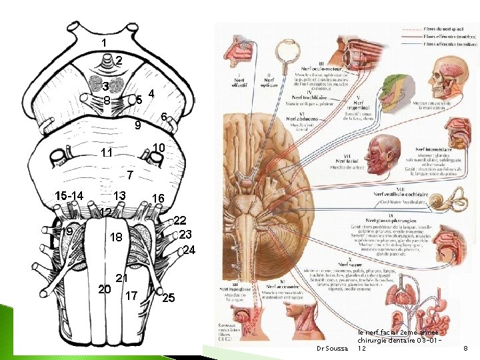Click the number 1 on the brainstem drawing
click(x=103, y=43)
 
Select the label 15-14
click(x=69, y=196)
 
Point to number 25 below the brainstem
click(x=168, y=298)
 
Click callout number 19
click(x=67, y=231)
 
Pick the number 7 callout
click(x=131, y=175)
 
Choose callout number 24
click(x=189, y=251)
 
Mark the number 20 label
click(x=104, y=289)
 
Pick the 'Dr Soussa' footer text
click(x=331, y=349)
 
